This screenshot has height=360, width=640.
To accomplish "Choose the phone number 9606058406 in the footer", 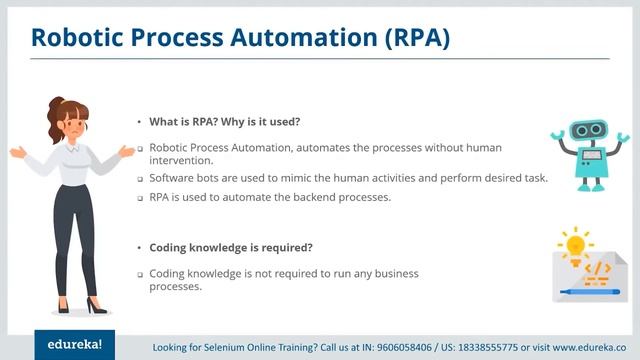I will point(407,347).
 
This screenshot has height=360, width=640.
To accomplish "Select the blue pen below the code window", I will point(589,292).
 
